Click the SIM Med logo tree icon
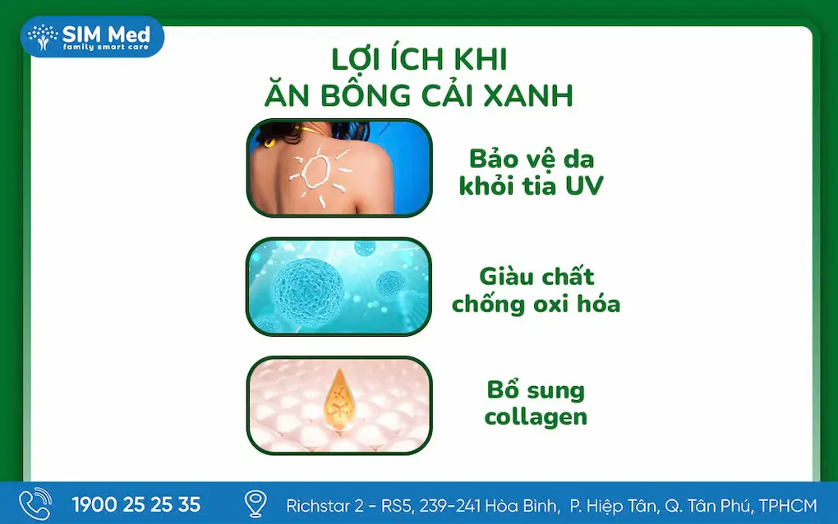[x=43, y=37]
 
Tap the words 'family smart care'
[x=106, y=47]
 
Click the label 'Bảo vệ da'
[x=532, y=159]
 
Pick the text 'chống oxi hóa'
[x=536, y=304]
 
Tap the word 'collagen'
[x=536, y=416]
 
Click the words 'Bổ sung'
[x=536, y=389]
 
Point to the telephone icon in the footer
[x=35, y=503]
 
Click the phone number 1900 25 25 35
[x=136, y=505]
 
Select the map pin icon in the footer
[x=256, y=503]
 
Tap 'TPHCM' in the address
[x=788, y=505]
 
